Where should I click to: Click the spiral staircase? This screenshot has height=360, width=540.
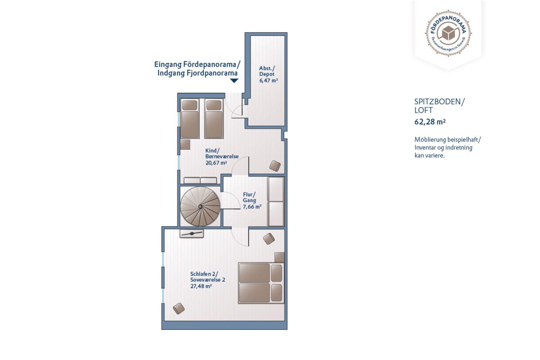coord(200,206)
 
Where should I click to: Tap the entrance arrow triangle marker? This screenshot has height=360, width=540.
coord(234,81)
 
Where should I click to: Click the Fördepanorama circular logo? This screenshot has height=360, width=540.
coord(448,33)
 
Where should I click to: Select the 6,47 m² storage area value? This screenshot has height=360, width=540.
coord(268,81)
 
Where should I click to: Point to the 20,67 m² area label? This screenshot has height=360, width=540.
coord(216,163)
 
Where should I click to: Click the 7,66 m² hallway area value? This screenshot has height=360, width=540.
coord(252,206)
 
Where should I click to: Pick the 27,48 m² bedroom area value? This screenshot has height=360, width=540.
coord(201,286)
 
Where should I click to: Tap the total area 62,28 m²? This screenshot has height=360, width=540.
coord(430,122)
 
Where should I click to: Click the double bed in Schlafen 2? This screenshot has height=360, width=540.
coord(261,283)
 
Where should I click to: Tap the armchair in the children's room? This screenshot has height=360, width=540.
coord(275,166)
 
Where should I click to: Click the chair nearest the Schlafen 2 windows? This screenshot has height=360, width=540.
coord(179,309)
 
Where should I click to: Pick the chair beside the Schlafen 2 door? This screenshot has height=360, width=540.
coord(269,238)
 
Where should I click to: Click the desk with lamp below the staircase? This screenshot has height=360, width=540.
coord(192,233)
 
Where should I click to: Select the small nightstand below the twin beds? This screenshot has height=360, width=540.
coord(185,145)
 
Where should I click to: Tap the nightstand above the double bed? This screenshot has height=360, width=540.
coord(280,257)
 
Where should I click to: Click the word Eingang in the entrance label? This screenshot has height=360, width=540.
coord(168,65)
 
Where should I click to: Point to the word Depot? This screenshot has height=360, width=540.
coord(267,74)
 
